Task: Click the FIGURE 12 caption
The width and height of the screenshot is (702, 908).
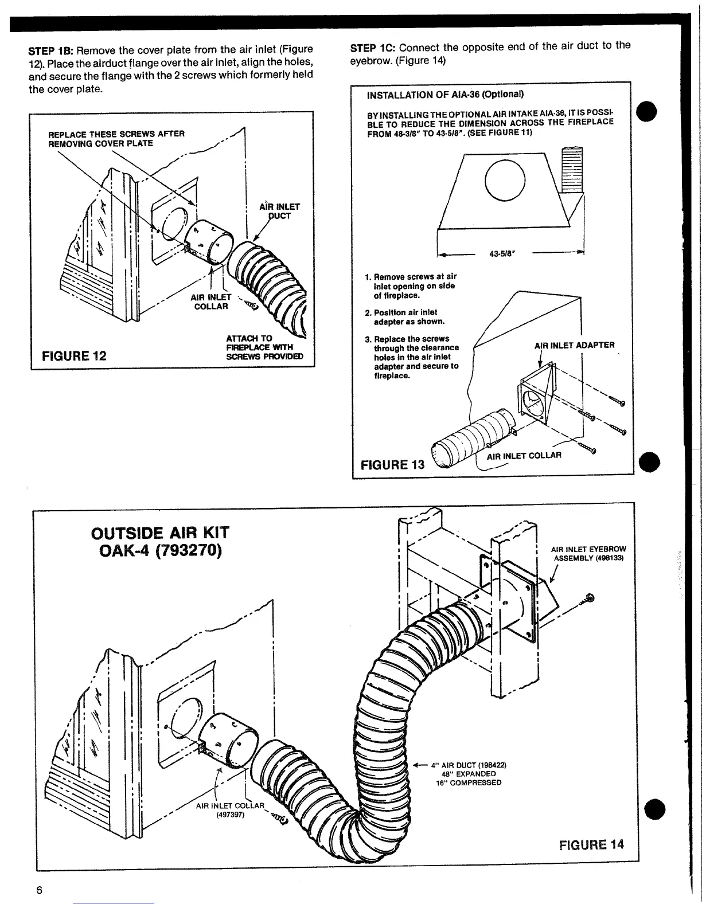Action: [x=74, y=355]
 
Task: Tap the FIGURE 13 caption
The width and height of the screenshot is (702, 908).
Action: [x=392, y=464]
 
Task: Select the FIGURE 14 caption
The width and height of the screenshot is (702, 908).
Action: [x=591, y=844]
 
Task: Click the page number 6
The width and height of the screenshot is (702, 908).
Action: [x=39, y=890]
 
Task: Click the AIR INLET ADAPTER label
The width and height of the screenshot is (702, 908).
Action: [x=574, y=345]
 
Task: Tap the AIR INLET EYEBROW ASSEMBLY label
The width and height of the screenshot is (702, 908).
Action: [x=588, y=553]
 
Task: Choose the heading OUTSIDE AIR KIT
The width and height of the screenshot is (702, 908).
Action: [x=160, y=533]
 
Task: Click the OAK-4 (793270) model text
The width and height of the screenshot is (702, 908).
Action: [x=160, y=552]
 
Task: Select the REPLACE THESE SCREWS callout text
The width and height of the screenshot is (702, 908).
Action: [x=116, y=138]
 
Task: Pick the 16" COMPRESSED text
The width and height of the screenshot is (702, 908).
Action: [x=469, y=782]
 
